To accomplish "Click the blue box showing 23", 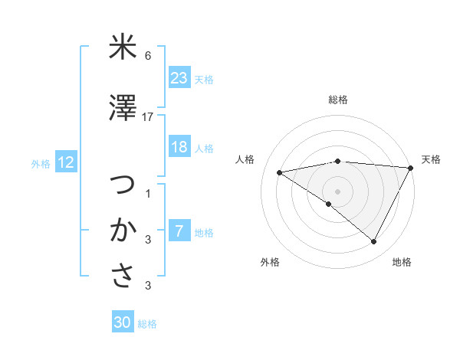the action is [x=179, y=77].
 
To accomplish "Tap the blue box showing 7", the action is [x=179, y=231].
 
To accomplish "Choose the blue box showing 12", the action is [x=65, y=162].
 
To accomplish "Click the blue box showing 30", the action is [x=123, y=322].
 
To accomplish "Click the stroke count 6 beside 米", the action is [x=148, y=56].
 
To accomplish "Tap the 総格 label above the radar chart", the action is [x=338, y=100].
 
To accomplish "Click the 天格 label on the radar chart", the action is [x=431, y=159].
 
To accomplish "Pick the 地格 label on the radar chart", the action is [x=402, y=262].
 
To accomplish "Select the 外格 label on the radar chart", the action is [x=270, y=262].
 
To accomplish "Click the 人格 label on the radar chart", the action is [x=245, y=159].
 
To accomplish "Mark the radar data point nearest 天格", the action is [x=411, y=168].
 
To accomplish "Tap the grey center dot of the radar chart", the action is [x=337, y=191].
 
